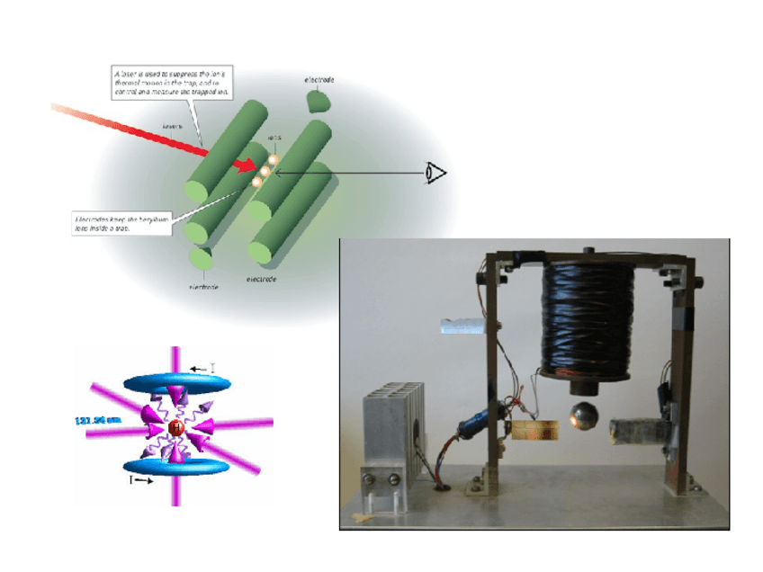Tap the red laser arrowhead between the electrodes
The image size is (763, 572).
(244, 165)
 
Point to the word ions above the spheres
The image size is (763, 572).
(274, 138)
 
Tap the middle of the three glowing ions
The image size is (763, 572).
(265, 170)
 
